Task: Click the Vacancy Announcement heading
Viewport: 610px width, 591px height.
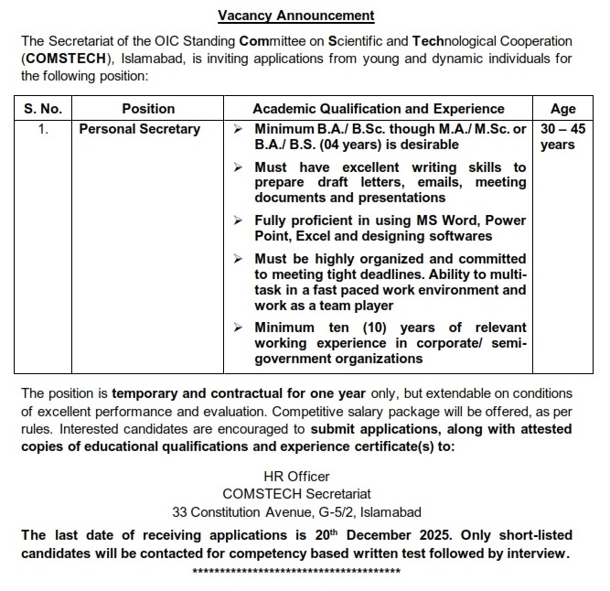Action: pyautogui.click(x=296, y=16)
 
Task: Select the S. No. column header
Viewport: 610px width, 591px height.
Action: pyautogui.click(x=43, y=109)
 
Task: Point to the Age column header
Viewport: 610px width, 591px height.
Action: pyautogui.click(x=564, y=109)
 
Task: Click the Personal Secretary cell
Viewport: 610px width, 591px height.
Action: pyautogui.click(x=139, y=129)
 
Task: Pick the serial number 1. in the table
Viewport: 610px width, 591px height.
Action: pyautogui.click(x=43, y=129)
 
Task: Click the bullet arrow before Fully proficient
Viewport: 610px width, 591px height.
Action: pyautogui.click(x=238, y=221)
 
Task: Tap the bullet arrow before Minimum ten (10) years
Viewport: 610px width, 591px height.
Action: pyautogui.click(x=238, y=328)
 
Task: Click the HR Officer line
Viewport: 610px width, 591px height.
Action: pyautogui.click(x=296, y=477)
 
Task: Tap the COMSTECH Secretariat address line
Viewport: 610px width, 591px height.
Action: pyautogui.click(x=296, y=494)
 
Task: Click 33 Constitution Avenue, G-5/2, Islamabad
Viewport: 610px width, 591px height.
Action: pyautogui.click(x=296, y=511)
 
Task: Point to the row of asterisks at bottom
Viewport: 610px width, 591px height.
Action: pyautogui.click(x=296, y=571)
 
